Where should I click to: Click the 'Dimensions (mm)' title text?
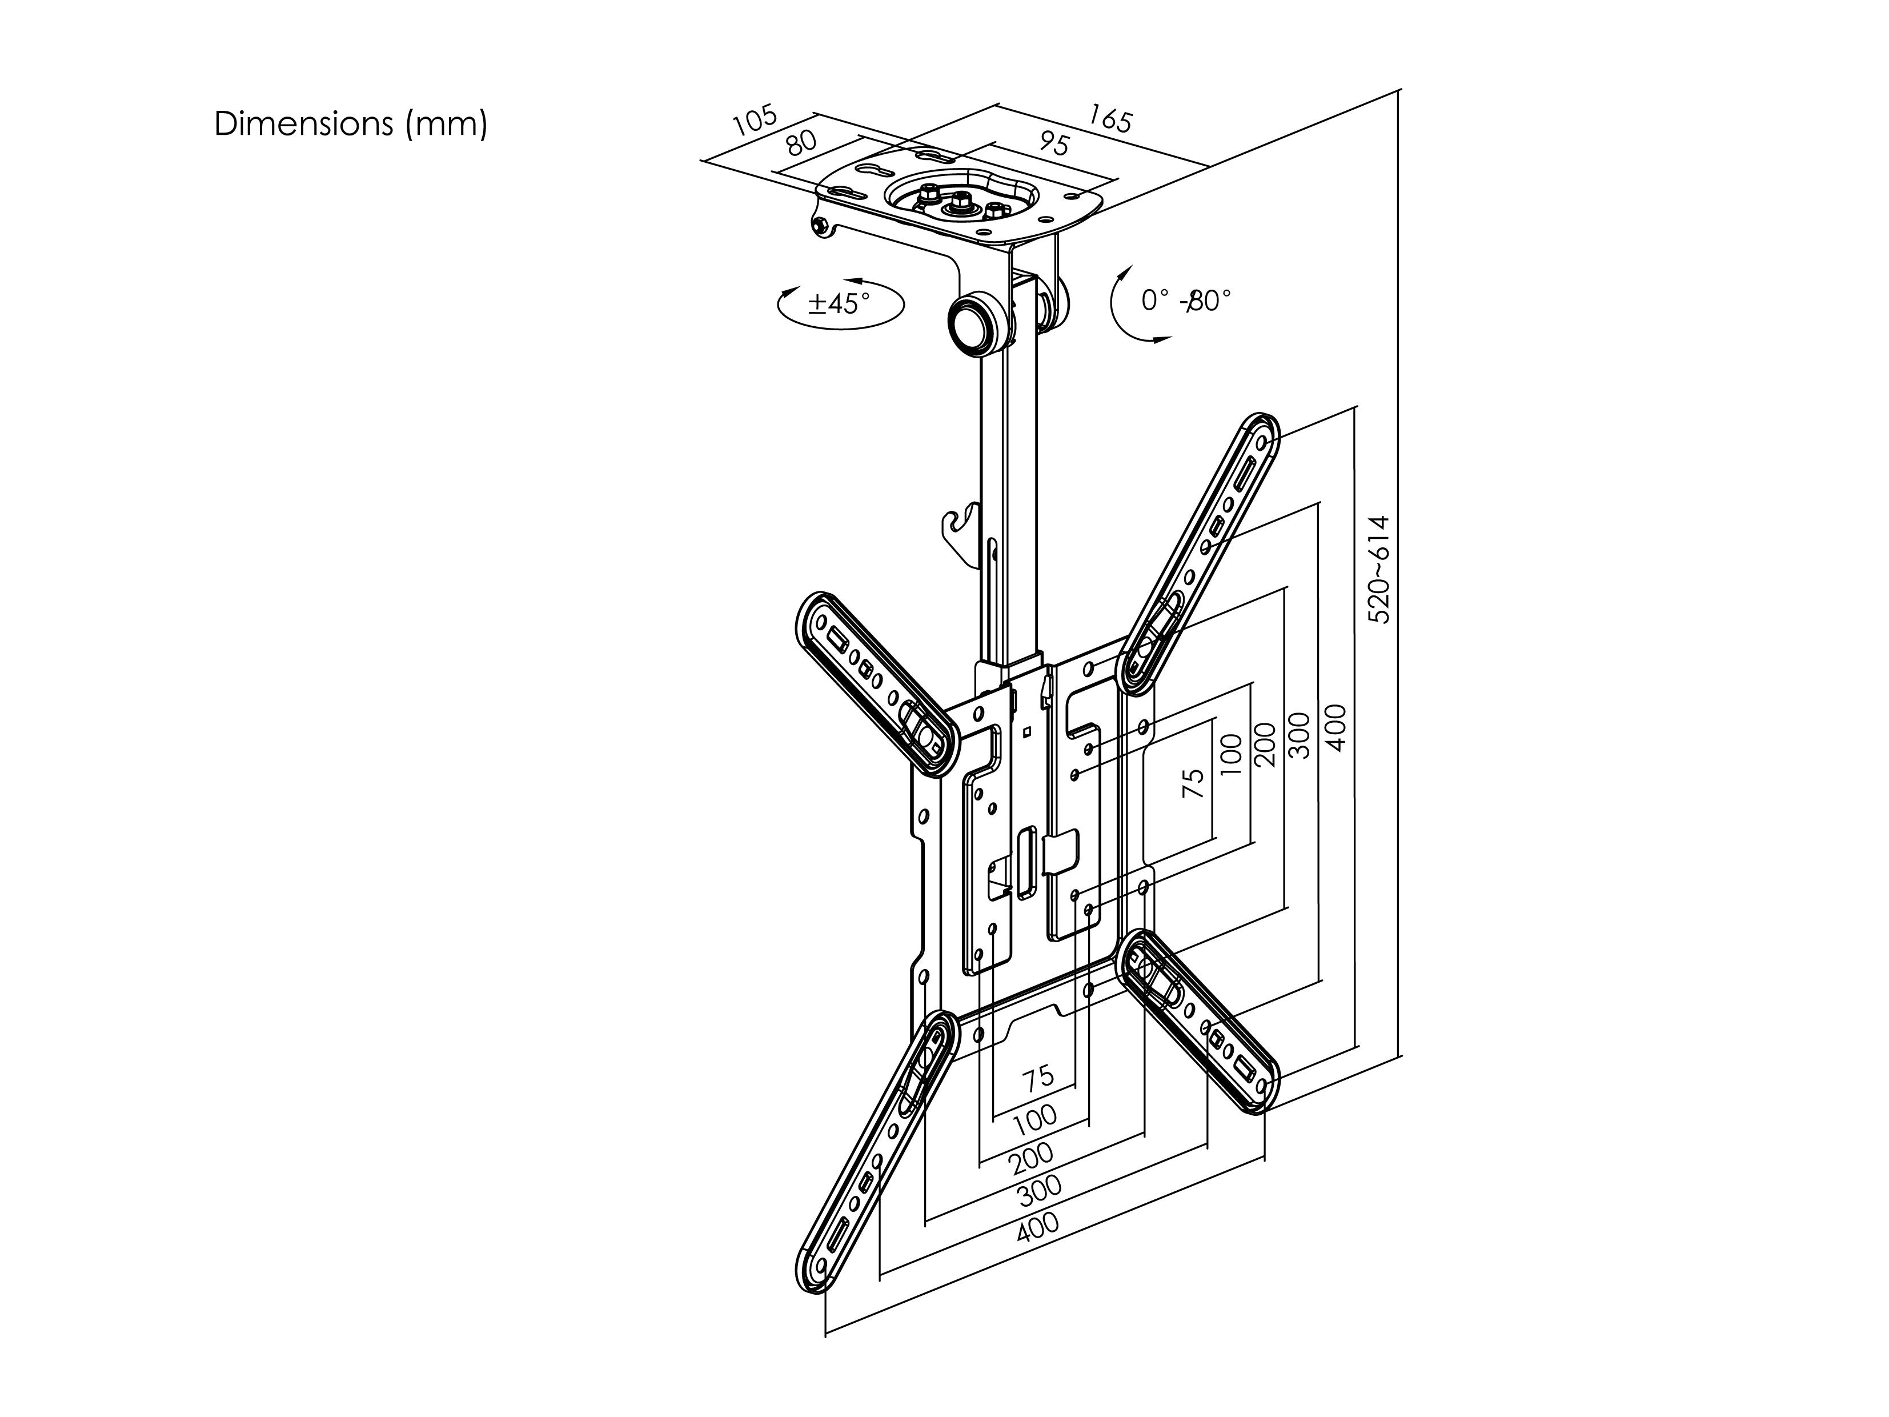[351, 125]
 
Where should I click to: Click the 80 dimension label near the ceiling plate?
[802, 141]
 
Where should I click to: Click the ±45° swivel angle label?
[840, 303]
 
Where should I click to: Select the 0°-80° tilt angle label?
[1186, 301]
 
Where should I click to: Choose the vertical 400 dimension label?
[1337, 728]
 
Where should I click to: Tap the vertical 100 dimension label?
[1230, 753]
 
